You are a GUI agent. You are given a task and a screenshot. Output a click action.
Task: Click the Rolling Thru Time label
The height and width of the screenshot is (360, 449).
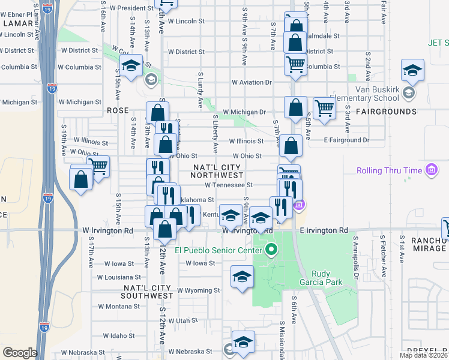coord(390,171)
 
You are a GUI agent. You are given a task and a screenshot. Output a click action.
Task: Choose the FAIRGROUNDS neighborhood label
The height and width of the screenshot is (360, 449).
coord(385,112)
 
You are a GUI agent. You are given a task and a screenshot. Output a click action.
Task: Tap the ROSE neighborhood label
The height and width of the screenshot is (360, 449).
coord(118,111)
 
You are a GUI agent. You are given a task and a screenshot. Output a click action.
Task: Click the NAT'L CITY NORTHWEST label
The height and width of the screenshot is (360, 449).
coord(217,170)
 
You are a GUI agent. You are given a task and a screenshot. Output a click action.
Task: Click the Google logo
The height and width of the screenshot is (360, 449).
coord(19,352)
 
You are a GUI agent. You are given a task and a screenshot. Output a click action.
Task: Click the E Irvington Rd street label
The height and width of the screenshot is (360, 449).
coord(324,230)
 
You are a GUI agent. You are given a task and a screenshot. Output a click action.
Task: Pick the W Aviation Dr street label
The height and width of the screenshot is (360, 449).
coord(252,82)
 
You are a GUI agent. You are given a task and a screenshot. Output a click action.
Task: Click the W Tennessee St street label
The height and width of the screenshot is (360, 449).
coord(229,185)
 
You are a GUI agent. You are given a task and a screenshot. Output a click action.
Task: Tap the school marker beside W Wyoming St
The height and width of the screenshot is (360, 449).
coord(242,277)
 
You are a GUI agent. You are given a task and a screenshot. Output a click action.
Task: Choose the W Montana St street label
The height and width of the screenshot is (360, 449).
coord(118,306)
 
